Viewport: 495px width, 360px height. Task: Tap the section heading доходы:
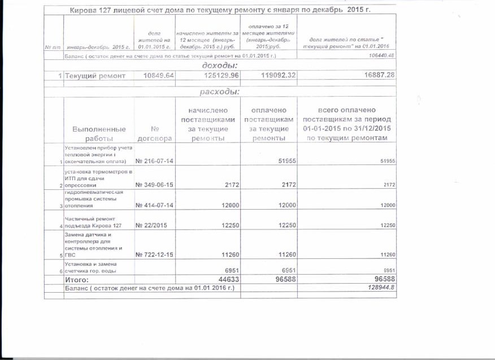coord(219,66)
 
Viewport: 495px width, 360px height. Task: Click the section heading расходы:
coord(219,92)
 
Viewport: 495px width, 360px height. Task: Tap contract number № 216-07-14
coord(154,161)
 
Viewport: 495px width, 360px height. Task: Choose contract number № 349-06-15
coord(154,185)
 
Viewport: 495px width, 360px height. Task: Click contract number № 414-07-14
coord(154,205)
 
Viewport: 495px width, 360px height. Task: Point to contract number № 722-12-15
coord(154,254)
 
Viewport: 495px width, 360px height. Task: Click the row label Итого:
coord(77,279)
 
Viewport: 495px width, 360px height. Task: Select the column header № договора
coord(154,133)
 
